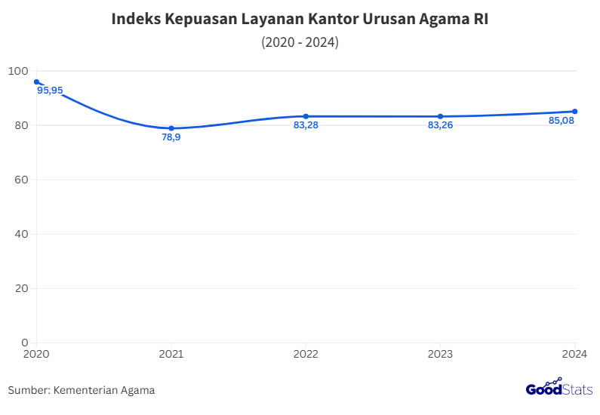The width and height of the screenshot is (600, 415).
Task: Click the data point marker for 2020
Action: (36, 81)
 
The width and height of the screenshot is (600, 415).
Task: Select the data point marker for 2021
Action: (171, 128)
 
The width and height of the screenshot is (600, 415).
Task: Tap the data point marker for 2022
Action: (306, 116)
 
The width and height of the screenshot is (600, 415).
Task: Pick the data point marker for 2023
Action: (440, 116)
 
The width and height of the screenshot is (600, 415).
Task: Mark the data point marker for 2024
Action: (574, 112)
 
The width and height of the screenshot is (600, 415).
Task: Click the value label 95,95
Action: (50, 91)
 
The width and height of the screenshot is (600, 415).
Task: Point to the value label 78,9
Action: (171, 137)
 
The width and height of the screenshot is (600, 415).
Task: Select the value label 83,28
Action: (306, 125)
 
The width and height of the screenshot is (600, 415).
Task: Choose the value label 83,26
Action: (440, 125)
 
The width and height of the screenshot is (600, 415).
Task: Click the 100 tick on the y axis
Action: (17, 71)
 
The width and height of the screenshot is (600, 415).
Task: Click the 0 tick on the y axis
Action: (24, 343)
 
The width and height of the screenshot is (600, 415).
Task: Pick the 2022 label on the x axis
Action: (306, 354)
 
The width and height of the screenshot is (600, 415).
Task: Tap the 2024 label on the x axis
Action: (574, 354)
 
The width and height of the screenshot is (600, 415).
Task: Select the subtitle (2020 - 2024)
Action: (300, 42)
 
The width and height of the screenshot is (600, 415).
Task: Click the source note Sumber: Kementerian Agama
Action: (82, 390)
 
